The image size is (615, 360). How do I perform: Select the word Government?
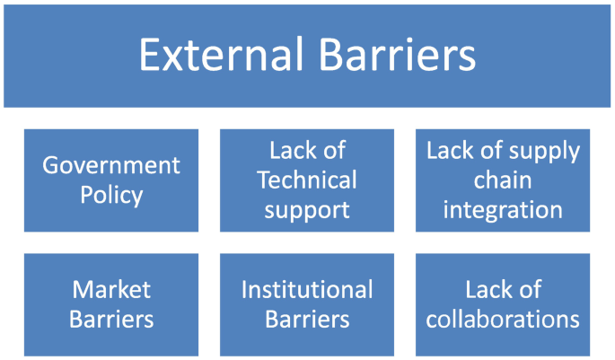tap(111, 165)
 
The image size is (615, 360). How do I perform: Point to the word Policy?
tap(111, 195)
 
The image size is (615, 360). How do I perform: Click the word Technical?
tap(307, 180)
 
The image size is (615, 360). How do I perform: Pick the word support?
tap(307, 211)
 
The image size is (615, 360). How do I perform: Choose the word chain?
tap(504, 180)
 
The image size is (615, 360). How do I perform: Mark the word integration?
tap(504, 210)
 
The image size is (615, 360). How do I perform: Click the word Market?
tap(111, 289)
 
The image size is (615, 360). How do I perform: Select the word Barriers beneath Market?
tap(111, 319)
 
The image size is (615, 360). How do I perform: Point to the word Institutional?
tap(307, 289)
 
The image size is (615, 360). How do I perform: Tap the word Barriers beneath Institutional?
tap(307, 319)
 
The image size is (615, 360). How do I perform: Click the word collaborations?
tap(504, 319)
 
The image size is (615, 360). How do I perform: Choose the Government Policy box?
tap(111, 180)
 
